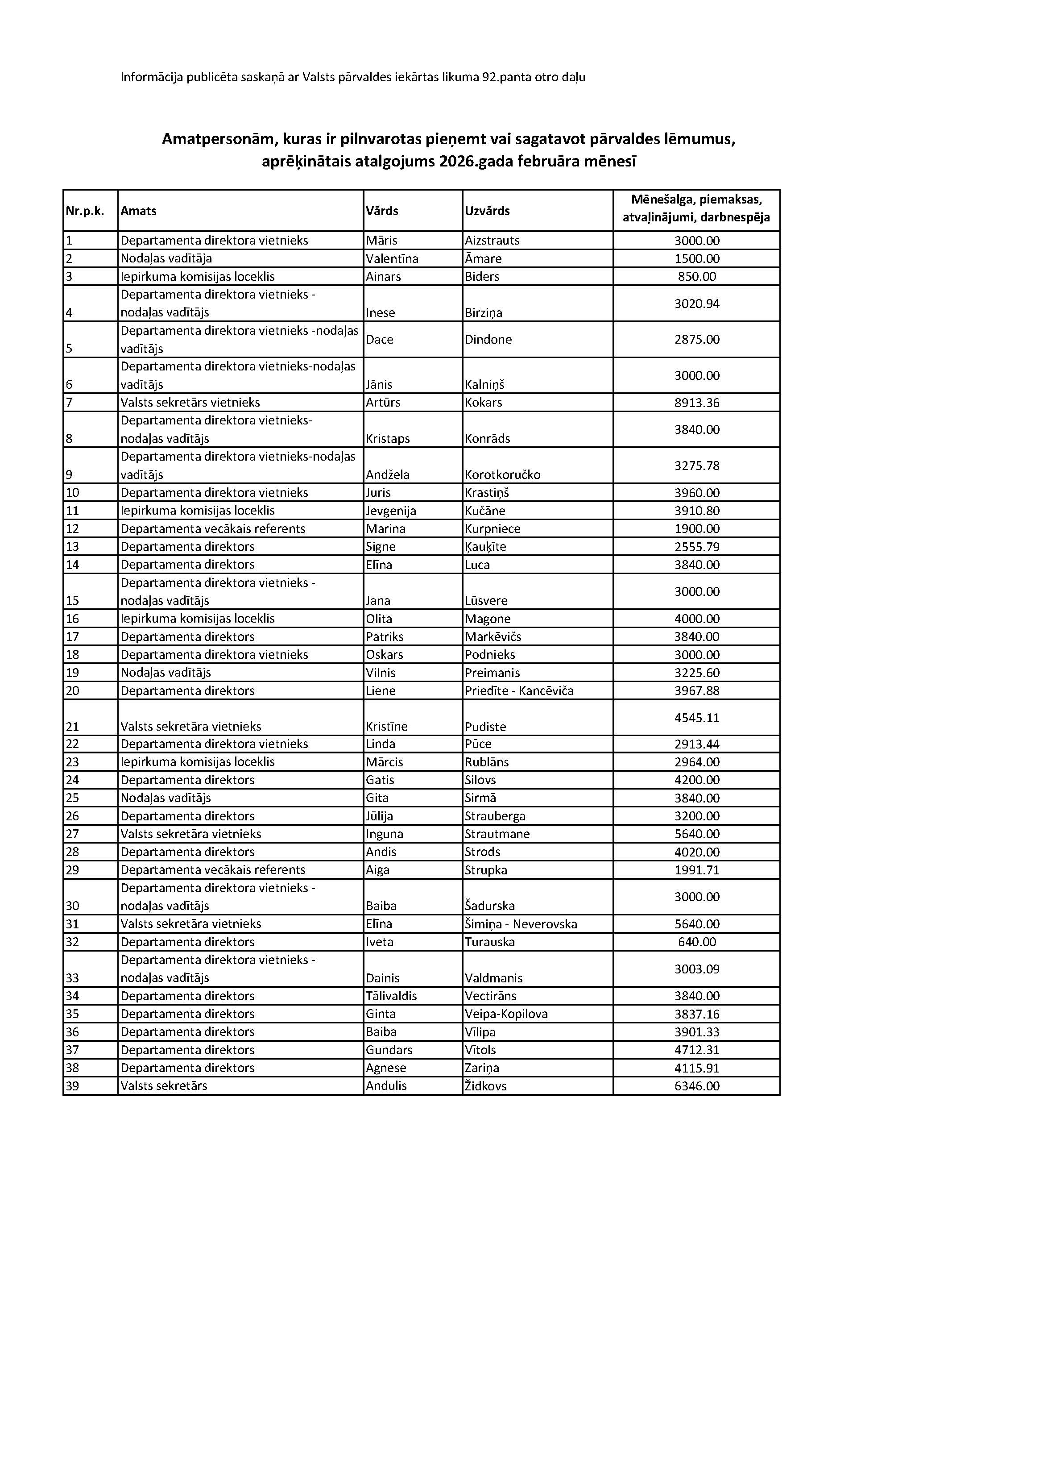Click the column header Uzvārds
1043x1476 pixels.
[487, 211]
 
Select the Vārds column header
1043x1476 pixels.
[382, 211]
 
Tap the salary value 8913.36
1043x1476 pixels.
[697, 403]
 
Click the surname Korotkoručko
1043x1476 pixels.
[503, 475]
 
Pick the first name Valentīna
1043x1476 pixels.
[392, 259]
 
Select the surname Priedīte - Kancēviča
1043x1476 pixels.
[519, 691]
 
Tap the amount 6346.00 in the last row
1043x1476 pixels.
[697, 1086]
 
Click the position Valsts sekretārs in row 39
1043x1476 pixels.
[164, 1086]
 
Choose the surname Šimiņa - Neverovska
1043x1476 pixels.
[521, 924]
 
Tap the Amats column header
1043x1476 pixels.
[139, 211]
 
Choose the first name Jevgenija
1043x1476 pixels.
[391, 511]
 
